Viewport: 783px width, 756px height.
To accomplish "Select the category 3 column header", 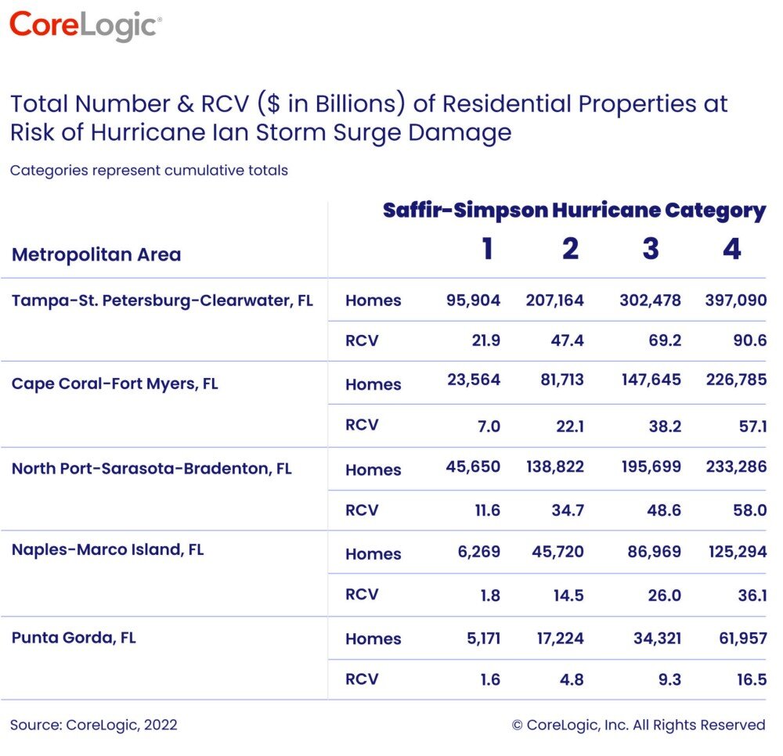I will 651,249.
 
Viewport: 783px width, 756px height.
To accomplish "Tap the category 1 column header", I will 487,249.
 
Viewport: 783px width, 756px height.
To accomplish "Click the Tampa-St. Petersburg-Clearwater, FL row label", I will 162,301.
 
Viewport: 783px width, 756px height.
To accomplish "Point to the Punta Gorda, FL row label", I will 74,637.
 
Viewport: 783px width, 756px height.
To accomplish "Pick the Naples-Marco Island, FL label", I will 107,549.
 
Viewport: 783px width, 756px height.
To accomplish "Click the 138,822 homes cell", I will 554,467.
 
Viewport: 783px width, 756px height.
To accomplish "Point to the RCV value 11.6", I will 484,510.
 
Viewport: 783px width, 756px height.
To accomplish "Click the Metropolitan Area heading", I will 96,254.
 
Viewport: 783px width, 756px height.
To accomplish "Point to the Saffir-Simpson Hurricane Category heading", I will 574,211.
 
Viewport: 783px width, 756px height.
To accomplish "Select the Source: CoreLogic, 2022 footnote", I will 94,725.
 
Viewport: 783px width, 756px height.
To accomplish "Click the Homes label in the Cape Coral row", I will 373,384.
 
